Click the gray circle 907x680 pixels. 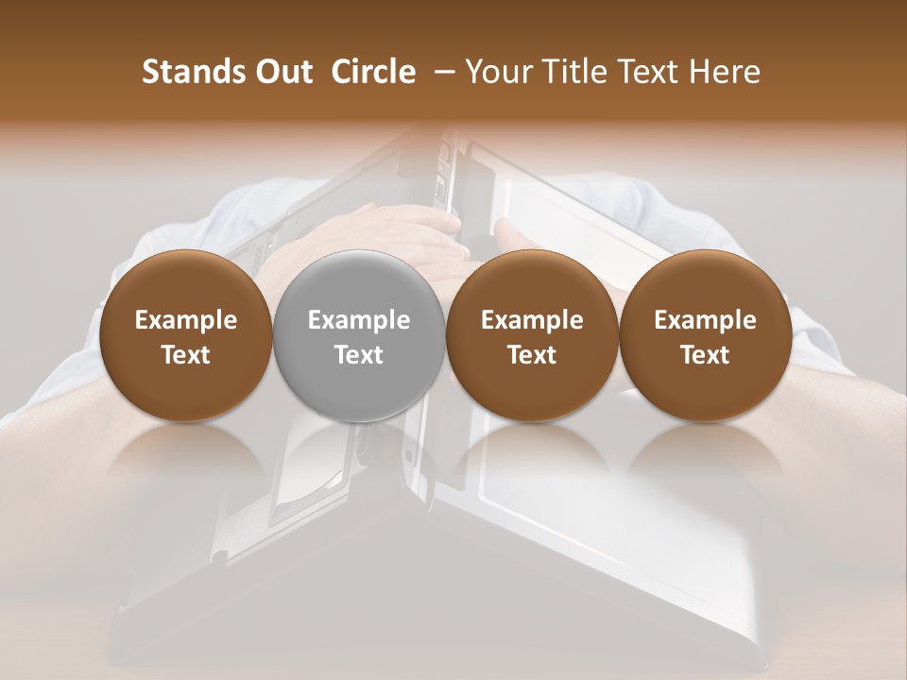359,335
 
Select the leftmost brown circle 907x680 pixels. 186,335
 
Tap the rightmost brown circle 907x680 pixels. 705,335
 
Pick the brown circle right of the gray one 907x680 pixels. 532,335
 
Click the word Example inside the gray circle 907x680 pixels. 359,320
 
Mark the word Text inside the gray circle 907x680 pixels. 359,355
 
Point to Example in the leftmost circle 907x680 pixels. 186,320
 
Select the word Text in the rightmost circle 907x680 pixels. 705,355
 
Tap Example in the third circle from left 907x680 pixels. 532,320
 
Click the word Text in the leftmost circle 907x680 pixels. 186,355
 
